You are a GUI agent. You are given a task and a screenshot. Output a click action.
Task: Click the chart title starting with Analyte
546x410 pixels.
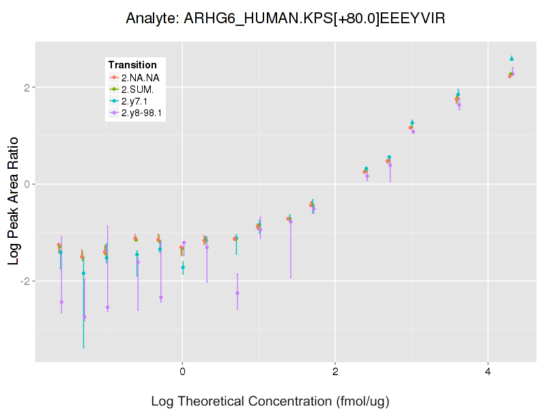(x=285, y=18)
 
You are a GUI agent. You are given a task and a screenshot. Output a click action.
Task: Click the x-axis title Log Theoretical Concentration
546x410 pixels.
(x=270, y=400)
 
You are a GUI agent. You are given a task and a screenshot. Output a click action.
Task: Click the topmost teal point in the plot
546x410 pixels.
(x=511, y=59)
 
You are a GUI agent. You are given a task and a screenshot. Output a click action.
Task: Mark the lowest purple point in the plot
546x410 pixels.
(x=84, y=317)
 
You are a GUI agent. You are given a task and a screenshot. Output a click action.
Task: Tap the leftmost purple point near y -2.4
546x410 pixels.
(x=61, y=302)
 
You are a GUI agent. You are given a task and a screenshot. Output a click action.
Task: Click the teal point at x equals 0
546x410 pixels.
(x=183, y=267)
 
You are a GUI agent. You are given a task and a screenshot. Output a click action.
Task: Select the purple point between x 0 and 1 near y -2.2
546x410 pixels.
(x=238, y=293)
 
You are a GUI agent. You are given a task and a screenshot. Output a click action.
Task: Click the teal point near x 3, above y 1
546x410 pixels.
(x=412, y=123)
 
